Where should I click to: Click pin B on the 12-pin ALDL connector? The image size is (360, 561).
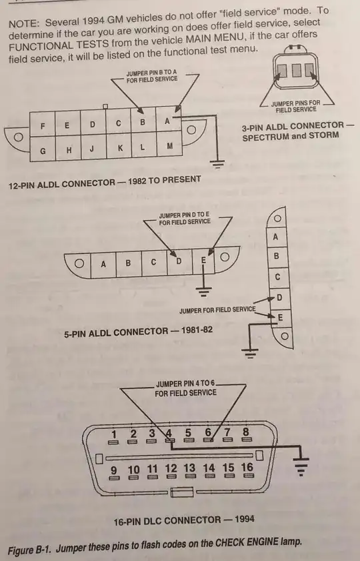[143, 121]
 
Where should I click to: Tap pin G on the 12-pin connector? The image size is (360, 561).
[43, 150]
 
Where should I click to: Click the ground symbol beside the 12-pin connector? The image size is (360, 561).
[217, 164]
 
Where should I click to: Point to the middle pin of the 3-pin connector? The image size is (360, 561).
[297, 71]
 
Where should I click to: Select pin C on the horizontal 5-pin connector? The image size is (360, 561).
[154, 263]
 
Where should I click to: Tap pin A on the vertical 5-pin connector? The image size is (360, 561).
[275, 237]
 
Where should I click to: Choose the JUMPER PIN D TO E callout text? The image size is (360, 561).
[185, 218]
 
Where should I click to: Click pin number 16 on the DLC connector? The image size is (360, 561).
[247, 470]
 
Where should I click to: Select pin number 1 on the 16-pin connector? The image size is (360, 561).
[114, 437]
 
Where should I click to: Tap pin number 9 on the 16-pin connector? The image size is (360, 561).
[114, 472]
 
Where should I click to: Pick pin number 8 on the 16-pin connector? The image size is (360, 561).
[246, 434]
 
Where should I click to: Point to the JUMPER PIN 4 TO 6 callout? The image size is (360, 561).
[185, 388]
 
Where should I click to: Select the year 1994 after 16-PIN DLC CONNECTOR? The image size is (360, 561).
[245, 519]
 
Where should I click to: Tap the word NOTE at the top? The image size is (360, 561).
[24, 24]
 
